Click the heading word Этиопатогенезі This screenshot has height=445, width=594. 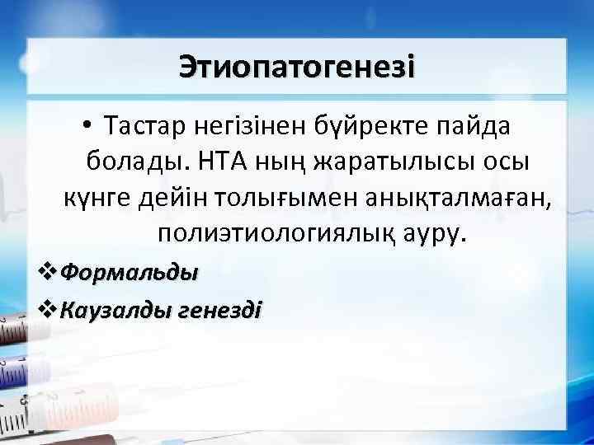297,65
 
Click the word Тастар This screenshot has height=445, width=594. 145,127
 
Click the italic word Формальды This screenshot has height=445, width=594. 130,271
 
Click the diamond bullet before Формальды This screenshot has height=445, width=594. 49,271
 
